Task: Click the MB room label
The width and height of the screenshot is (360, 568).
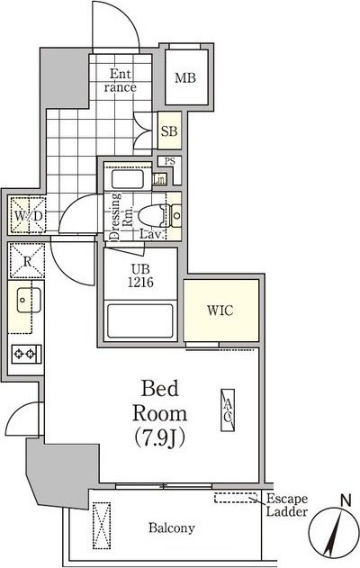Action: click(x=185, y=78)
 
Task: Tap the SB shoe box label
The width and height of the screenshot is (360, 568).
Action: click(x=169, y=131)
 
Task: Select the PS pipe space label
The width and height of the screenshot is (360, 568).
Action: click(x=169, y=161)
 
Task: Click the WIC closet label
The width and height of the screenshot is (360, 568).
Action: click(x=220, y=311)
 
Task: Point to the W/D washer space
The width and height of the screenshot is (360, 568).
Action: click(x=28, y=214)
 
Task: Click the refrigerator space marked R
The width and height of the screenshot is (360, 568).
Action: click(x=27, y=261)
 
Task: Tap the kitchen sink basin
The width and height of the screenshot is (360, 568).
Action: click(x=28, y=300)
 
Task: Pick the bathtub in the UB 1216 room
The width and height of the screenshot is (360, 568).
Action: click(x=140, y=321)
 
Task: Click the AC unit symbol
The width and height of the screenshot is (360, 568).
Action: click(x=228, y=410)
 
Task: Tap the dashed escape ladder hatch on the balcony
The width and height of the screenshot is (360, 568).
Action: click(x=235, y=498)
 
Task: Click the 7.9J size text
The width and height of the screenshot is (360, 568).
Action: click(x=159, y=437)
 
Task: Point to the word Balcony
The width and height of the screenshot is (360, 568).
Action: click(x=171, y=527)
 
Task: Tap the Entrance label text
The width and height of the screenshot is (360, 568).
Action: click(x=121, y=80)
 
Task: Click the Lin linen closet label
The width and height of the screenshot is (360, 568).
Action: click(x=159, y=179)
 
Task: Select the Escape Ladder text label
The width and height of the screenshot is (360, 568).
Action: click(x=287, y=505)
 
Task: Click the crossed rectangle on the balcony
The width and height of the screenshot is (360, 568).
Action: click(x=102, y=526)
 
